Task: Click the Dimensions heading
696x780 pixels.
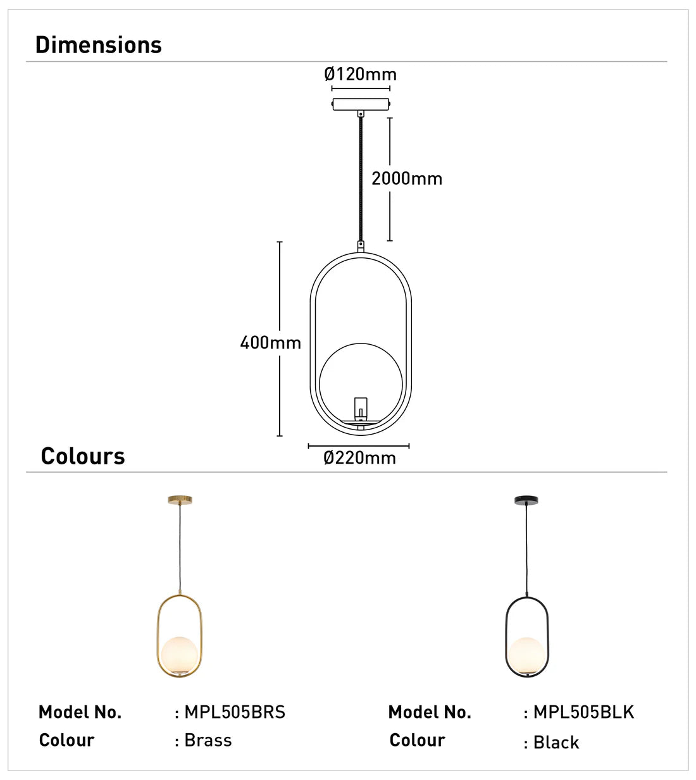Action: (x=98, y=45)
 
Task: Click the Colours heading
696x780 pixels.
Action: (x=82, y=456)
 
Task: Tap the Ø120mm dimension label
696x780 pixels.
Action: (x=360, y=74)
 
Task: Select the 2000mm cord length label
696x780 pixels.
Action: (x=406, y=178)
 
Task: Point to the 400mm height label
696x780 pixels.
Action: (x=270, y=343)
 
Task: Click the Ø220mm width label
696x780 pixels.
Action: (x=359, y=458)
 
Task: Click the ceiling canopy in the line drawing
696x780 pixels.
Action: (x=361, y=104)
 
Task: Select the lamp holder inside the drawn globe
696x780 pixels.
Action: (x=361, y=407)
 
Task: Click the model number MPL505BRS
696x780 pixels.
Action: (x=235, y=712)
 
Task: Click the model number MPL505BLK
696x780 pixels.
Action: (x=583, y=712)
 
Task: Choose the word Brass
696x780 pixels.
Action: (x=208, y=741)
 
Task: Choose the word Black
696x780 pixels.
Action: (x=556, y=743)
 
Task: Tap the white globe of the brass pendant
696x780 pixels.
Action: (x=180, y=655)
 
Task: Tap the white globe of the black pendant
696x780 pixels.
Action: (x=526, y=655)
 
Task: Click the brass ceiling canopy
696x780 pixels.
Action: (x=180, y=500)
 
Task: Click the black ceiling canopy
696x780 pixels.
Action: (x=526, y=500)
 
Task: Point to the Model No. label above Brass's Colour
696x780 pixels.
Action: (x=80, y=712)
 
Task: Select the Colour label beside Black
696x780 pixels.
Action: (x=417, y=741)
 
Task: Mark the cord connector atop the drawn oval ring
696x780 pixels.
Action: (x=361, y=245)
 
